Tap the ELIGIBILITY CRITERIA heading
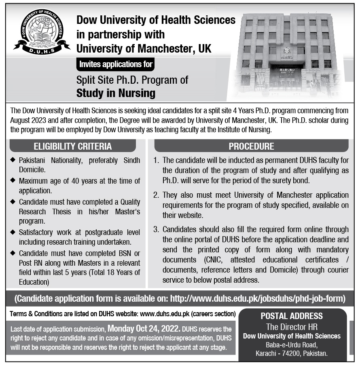73,146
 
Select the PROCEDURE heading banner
251,146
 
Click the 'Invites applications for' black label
116,64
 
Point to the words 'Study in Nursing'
116,93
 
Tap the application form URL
257,299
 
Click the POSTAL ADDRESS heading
292,316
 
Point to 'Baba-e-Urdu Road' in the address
292,345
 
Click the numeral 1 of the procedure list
156,161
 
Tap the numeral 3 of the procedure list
156,230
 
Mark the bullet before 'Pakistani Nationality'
13,160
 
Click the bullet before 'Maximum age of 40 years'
13,180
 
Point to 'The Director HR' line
292,327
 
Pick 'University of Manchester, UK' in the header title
144,49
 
